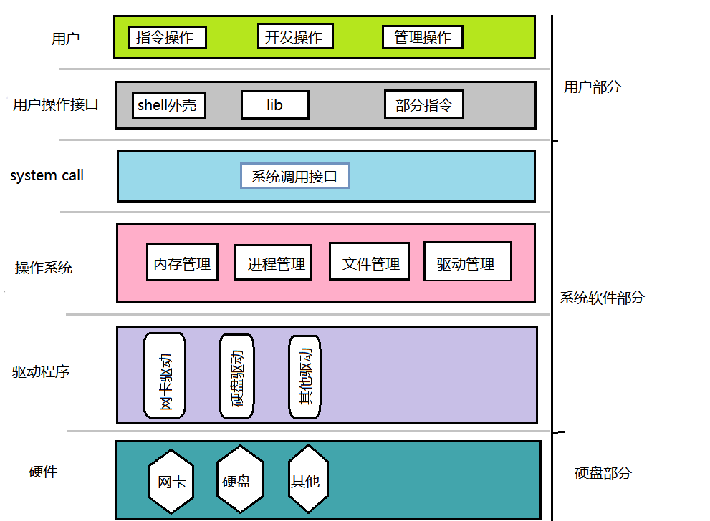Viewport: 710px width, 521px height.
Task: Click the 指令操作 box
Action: click(x=167, y=37)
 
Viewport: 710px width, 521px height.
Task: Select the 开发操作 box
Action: click(x=294, y=37)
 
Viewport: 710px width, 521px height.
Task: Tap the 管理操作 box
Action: click(x=422, y=37)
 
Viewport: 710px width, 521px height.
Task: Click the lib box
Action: click(x=275, y=105)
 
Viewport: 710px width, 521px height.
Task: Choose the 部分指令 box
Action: click(x=424, y=105)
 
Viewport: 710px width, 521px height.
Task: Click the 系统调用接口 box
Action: click(x=294, y=176)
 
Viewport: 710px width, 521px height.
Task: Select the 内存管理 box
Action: click(x=182, y=263)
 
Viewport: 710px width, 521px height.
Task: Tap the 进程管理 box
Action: click(x=276, y=263)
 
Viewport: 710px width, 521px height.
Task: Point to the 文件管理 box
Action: click(x=370, y=262)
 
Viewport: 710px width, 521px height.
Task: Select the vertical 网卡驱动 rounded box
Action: click(x=165, y=376)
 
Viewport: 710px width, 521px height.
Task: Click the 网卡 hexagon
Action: click(x=171, y=480)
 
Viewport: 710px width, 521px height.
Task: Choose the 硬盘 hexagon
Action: click(x=236, y=480)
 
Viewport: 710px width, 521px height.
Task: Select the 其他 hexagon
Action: click(x=305, y=480)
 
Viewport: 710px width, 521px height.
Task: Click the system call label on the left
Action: click(x=47, y=175)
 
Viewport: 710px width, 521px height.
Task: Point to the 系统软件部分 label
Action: click(x=602, y=298)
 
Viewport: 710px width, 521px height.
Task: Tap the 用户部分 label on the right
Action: click(x=592, y=87)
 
